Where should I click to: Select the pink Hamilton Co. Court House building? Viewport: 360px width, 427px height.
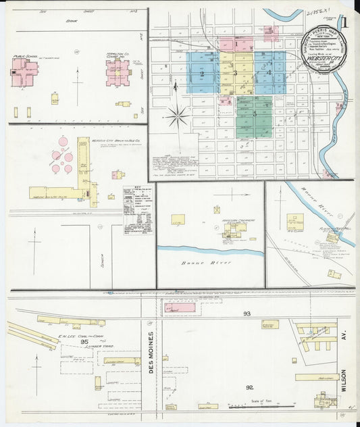click(x=117, y=72)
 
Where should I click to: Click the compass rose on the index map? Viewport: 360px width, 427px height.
click(x=178, y=116)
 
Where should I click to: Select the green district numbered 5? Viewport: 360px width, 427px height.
click(x=254, y=114)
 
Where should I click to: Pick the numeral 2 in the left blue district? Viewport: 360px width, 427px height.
click(x=201, y=72)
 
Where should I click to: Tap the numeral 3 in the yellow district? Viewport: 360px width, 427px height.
click(x=235, y=72)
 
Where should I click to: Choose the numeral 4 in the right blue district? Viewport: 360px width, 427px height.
click(x=269, y=72)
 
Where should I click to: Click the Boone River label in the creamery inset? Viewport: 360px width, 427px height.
click(x=194, y=260)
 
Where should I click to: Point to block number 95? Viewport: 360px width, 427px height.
click(x=84, y=341)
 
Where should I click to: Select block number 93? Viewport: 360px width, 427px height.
click(x=247, y=313)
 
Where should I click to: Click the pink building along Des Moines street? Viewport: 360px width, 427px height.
click(x=180, y=307)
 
